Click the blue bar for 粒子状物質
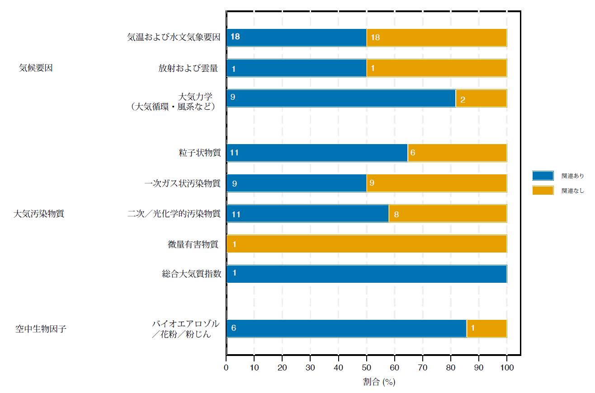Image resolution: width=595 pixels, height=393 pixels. click(316, 153)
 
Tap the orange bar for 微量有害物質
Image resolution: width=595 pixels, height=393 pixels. click(366, 244)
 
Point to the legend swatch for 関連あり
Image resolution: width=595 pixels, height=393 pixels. click(543, 176)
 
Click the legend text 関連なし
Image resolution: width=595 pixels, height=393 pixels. click(572, 191)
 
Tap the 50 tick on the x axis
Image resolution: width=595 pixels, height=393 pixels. click(367, 367)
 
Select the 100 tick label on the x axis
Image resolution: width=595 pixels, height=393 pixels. click(507, 367)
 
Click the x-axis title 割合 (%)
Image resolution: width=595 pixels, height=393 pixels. click(379, 382)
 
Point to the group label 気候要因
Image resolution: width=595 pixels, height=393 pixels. click(36, 68)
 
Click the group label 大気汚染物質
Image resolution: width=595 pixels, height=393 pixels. click(39, 214)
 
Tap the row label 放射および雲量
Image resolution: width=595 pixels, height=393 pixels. click(188, 68)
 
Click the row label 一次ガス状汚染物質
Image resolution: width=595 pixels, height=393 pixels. click(182, 183)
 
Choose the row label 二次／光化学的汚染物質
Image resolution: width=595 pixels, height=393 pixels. click(174, 214)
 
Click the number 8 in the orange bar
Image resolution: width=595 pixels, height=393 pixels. click(396, 214)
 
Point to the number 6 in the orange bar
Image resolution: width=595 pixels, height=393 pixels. click(412, 153)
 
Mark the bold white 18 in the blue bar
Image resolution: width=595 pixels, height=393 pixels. click(235, 37)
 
